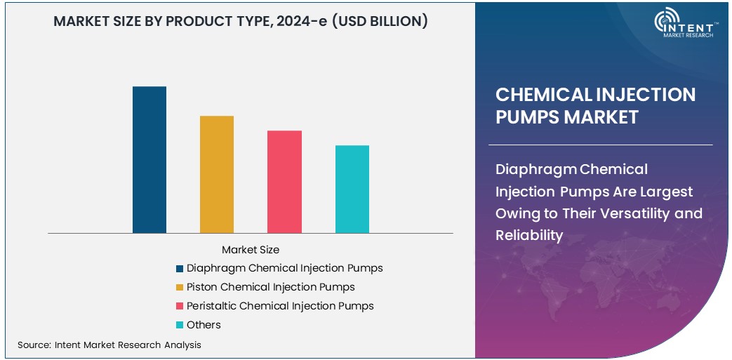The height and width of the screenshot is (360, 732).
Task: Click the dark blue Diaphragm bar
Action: pyautogui.click(x=149, y=159)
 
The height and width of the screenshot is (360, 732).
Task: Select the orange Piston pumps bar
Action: pyautogui.click(x=217, y=174)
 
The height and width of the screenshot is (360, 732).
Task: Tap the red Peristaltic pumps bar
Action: pyautogui.click(x=284, y=181)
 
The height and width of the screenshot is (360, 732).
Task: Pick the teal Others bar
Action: pyautogui.click(x=352, y=189)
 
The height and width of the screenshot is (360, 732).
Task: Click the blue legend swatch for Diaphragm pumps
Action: pyautogui.click(x=180, y=269)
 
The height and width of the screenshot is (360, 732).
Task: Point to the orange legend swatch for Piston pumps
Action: pyautogui.click(x=180, y=288)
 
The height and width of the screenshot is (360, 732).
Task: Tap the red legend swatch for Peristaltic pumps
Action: pyautogui.click(x=180, y=307)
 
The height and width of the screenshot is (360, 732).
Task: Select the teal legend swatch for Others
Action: pyautogui.click(x=180, y=326)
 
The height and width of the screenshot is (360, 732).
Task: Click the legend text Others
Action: pyautogui.click(x=204, y=325)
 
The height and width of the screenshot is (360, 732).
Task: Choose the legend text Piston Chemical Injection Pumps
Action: pyautogui.click(x=270, y=287)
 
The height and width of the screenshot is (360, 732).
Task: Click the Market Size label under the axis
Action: pyautogui.click(x=251, y=250)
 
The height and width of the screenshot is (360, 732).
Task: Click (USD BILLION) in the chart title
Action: pyautogui.click(x=379, y=21)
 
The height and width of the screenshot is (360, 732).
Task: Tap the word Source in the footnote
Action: pyautogui.click(x=33, y=345)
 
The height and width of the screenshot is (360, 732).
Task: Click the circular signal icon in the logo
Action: pyautogui.click(x=666, y=21)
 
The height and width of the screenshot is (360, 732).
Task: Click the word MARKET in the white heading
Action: pyautogui.click(x=596, y=116)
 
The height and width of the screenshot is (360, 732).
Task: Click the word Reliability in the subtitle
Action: pyautogui.click(x=529, y=235)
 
